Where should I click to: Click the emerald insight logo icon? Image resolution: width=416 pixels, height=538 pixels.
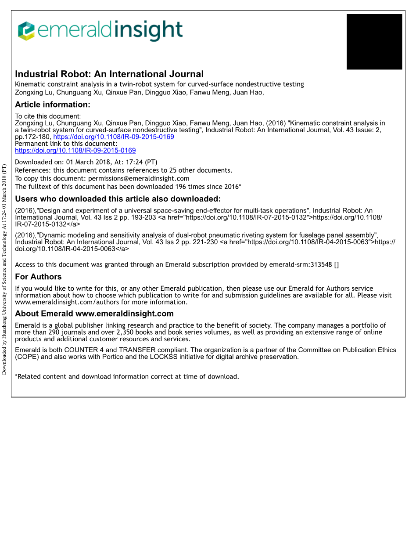(26, 31)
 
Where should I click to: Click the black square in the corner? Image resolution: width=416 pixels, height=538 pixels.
(374, 42)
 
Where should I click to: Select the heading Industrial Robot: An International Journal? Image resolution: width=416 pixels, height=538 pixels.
(109, 74)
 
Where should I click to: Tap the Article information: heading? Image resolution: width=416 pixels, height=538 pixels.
(53, 105)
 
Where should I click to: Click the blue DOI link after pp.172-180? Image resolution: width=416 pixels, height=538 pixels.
(114, 137)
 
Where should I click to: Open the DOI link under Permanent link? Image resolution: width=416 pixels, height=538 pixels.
(75, 150)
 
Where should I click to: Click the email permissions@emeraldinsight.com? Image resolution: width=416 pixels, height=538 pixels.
(139, 178)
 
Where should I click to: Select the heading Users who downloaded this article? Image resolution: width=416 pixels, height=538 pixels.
(118, 199)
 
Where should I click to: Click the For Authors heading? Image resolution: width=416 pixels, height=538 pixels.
(38, 277)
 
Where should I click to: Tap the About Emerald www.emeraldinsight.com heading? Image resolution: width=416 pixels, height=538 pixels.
(94, 314)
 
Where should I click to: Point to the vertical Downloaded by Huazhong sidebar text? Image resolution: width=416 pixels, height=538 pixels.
(4, 269)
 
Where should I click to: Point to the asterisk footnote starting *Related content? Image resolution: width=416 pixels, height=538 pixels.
(127, 376)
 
